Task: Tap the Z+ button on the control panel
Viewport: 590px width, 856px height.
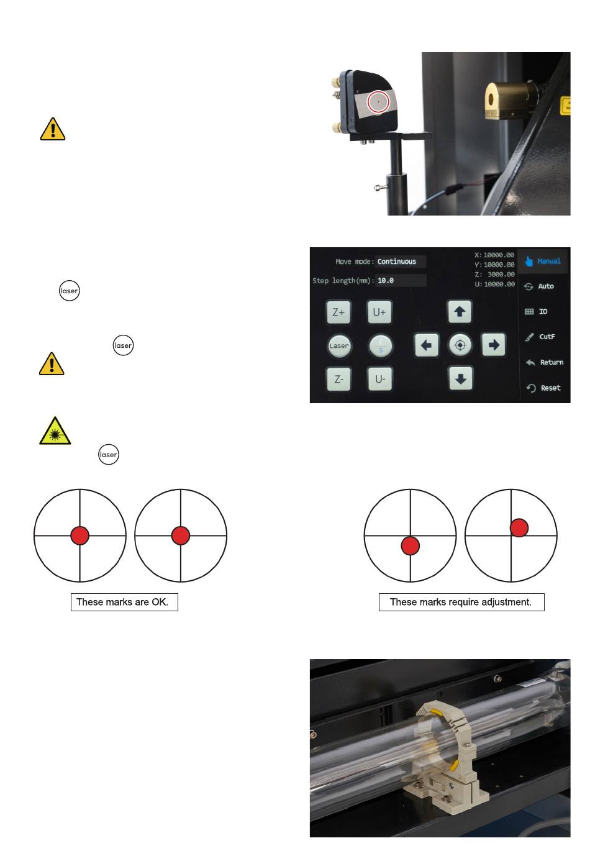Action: pyautogui.click(x=338, y=312)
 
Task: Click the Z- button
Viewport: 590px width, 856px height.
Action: pyautogui.click(x=338, y=379)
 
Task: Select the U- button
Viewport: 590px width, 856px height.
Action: pyautogui.click(x=379, y=379)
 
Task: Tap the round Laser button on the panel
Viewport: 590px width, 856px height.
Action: pyautogui.click(x=339, y=346)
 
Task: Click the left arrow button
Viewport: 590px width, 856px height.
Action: pyautogui.click(x=426, y=345)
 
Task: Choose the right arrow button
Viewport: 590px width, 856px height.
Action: pyautogui.click(x=493, y=345)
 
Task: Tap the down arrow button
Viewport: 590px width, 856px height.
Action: pyautogui.click(x=460, y=379)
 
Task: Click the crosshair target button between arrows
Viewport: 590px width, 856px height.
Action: pyautogui.click(x=460, y=345)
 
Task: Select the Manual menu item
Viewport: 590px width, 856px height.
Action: pyautogui.click(x=543, y=262)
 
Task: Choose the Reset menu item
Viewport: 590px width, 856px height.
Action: pyautogui.click(x=543, y=388)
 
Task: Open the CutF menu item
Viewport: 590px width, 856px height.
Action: pyautogui.click(x=540, y=337)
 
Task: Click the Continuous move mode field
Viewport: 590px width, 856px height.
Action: pyautogui.click(x=400, y=262)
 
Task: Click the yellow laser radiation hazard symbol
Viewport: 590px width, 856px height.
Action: pyautogui.click(x=55, y=431)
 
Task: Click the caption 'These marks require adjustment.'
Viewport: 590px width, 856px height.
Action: pyautogui.click(x=461, y=602)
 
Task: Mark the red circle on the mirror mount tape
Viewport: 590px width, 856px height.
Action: pyautogui.click(x=378, y=102)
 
